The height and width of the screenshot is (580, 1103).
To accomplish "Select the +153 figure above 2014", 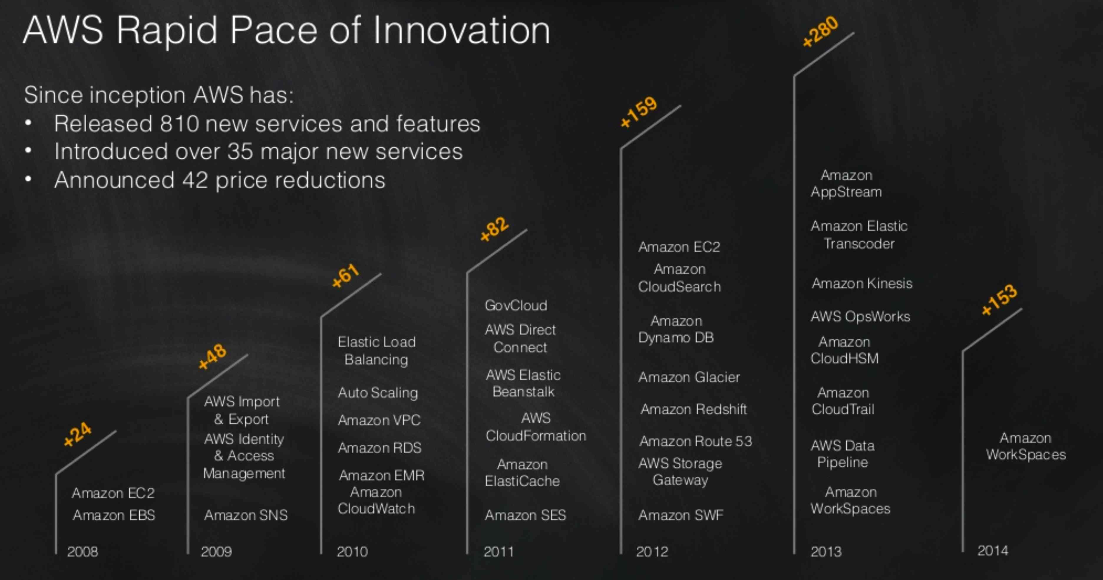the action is tap(999, 300).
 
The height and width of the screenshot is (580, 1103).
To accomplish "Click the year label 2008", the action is tap(83, 551).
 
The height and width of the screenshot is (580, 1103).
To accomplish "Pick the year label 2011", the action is tap(498, 551).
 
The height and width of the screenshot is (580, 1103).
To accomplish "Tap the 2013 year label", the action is tap(826, 551).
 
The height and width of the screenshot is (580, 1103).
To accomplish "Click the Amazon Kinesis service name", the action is tap(862, 283).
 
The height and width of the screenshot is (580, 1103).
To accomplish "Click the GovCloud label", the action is tap(516, 305).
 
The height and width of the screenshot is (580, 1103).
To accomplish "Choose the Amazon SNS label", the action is tap(246, 515).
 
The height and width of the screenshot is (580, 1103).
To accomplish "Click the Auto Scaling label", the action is tap(378, 392).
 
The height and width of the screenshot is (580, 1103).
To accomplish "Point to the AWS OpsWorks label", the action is tap(860, 316).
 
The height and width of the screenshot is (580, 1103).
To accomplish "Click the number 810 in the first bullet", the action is tap(179, 124).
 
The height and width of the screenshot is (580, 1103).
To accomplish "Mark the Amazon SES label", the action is tap(525, 515).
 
